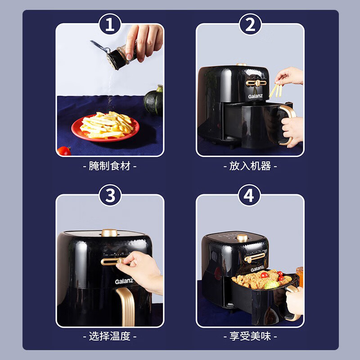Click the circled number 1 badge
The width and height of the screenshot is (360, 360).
pos(110,24)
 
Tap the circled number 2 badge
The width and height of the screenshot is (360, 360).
pos(250,24)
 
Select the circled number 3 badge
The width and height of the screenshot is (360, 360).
pos(110,195)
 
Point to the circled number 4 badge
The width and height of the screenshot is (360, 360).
pos(249,195)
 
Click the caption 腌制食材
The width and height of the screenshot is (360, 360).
pos(110,166)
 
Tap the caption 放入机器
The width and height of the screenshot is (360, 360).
pos(250,166)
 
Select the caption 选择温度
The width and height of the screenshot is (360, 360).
pos(110,336)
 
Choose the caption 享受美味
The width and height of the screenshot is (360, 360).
pos(250,336)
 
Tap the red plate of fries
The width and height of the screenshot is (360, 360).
pos(105,127)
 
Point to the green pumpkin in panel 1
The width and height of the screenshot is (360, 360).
pos(153,100)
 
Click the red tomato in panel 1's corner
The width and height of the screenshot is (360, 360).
pos(64,151)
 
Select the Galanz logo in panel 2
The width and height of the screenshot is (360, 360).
pos(255,96)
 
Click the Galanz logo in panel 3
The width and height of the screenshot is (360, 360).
pos(124,281)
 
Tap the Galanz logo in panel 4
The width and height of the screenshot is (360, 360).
pos(257,268)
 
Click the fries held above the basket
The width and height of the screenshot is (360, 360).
pos(276,90)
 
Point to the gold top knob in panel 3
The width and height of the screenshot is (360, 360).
pos(109,233)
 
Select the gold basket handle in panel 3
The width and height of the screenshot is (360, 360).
pos(126,307)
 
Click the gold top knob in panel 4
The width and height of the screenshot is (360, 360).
pos(242,238)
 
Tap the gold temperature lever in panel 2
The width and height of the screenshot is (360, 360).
pos(256,83)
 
